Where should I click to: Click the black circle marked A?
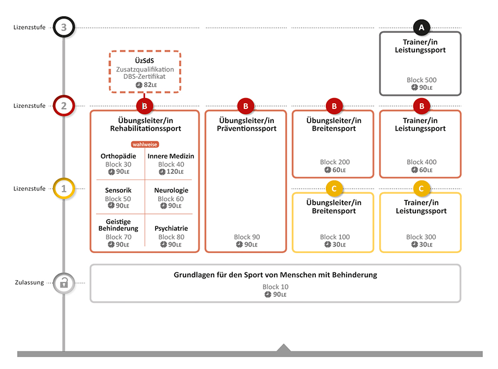(421, 28)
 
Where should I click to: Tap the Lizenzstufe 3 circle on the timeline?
(64, 27)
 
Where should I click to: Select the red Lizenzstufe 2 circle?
(64, 105)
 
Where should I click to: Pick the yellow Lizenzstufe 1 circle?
(64, 188)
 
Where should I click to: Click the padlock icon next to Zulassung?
(64, 282)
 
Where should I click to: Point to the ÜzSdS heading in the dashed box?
(145, 60)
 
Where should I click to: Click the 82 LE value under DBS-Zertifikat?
(146, 85)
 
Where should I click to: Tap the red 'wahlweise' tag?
(145, 144)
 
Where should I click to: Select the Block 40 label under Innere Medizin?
(171, 165)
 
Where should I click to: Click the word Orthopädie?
(118, 156)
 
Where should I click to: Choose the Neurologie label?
(171, 190)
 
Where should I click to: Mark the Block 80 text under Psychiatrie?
(171, 237)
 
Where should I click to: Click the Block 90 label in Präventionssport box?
(247, 237)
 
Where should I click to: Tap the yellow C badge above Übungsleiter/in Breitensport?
(334, 188)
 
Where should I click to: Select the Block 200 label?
(335, 162)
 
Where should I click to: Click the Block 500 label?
(421, 80)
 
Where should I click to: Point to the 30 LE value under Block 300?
(422, 244)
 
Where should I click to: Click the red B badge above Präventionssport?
(245, 106)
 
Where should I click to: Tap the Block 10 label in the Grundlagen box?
(275, 286)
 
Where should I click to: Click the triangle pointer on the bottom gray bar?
(284, 348)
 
